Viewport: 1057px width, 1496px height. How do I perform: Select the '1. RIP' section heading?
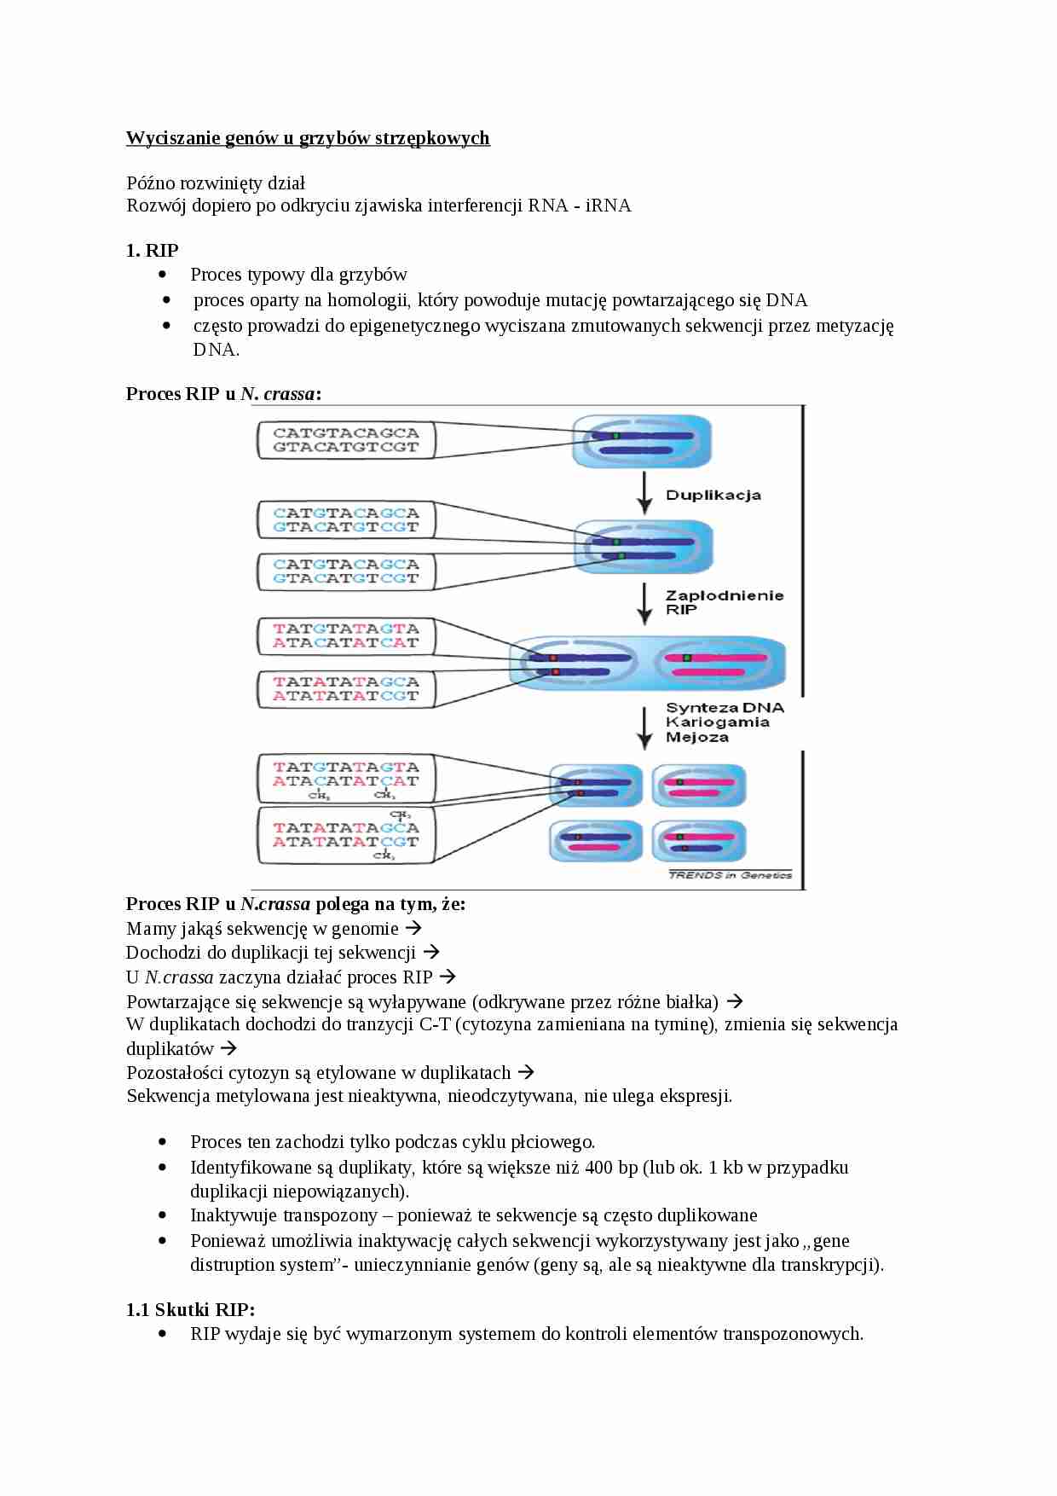point(153,250)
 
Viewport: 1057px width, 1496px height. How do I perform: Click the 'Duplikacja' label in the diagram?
point(713,496)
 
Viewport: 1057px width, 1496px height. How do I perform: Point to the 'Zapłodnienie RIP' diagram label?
point(724,602)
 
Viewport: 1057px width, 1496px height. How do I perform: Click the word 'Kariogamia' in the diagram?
point(718,722)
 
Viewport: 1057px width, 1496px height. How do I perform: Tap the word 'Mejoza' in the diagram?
point(697,737)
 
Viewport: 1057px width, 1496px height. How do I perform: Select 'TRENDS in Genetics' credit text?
point(731,875)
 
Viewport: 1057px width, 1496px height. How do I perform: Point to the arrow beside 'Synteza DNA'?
point(645,727)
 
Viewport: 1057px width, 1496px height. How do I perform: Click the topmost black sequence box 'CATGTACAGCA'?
point(346,440)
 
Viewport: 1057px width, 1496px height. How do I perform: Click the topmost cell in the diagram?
point(642,442)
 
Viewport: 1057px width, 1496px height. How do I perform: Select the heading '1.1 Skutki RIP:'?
point(191,1309)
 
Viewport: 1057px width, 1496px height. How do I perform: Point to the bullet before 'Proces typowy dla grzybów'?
point(164,275)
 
